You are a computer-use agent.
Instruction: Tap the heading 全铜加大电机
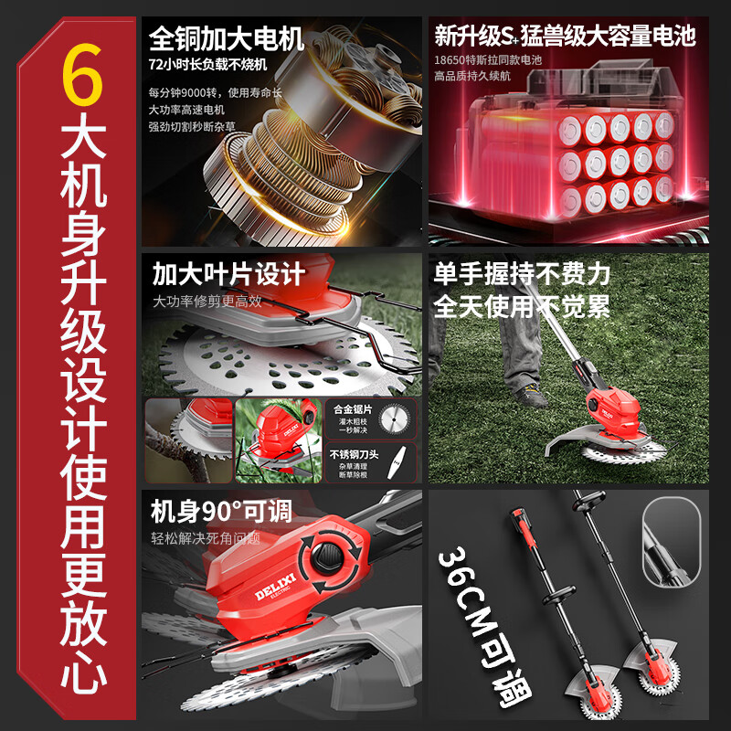pos(227,39)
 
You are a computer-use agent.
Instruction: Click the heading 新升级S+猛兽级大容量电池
pos(565,37)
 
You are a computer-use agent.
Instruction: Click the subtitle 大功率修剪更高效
pos(207,301)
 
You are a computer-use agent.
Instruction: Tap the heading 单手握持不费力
pos(522,273)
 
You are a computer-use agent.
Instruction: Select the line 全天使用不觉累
pos(522,305)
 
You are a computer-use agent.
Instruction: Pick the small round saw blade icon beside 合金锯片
pos(398,419)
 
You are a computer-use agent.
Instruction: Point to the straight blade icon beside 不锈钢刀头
pos(398,462)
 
